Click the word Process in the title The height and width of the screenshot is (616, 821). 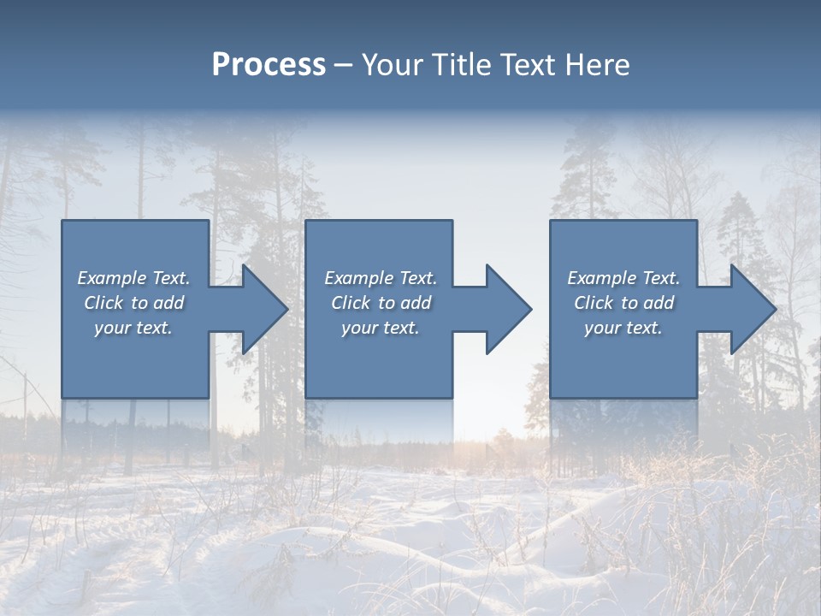[269, 65]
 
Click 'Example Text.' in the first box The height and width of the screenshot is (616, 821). [133, 278]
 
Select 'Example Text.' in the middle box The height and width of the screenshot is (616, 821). [380, 278]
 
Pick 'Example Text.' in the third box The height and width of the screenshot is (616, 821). [623, 278]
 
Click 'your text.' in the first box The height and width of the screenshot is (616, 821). [133, 328]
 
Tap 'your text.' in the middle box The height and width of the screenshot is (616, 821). [380, 328]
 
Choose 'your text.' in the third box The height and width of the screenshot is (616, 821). [623, 328]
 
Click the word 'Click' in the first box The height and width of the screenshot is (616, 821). [103, 303]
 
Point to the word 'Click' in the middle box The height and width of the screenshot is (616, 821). [351, 303]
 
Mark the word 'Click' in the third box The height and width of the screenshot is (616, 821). [594, 303]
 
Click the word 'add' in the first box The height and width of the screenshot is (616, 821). [168, 303]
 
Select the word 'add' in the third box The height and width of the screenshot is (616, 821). [659, 303]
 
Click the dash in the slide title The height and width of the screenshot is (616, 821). [344, 66]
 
